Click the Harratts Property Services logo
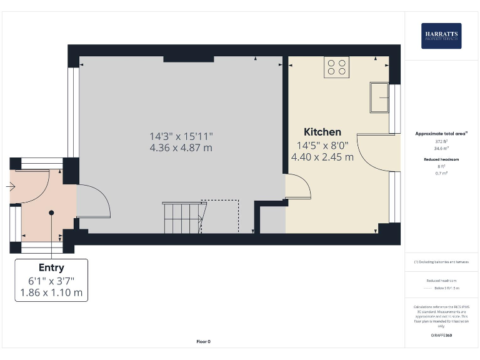point(441,36)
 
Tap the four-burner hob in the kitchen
point(336,67)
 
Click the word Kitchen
point(322,132)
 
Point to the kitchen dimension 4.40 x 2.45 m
point(322,157)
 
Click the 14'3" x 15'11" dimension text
point(181,136)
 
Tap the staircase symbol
point(183,217)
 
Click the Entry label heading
point(51,267)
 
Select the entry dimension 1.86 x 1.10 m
point(51,292)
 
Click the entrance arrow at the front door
point(11,186)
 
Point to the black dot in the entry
point(52,212)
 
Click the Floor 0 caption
point(204,341)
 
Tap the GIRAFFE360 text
point(441,336)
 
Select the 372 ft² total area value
point(441,142)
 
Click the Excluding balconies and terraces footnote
point(441,262)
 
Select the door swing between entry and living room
point(94,204)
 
